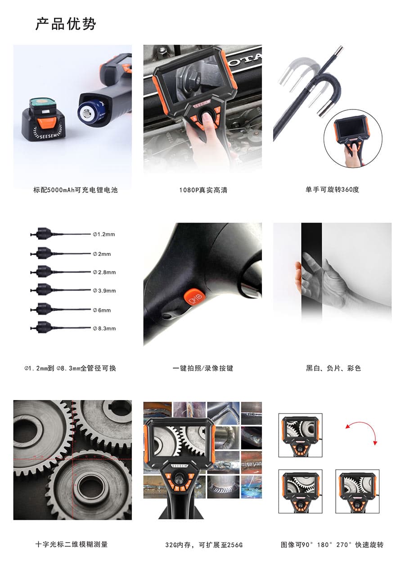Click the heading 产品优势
(66, 24)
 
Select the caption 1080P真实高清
(203, 190)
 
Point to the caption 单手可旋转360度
(332, 190)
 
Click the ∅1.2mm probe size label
(104, 234)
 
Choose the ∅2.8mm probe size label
(104, 272)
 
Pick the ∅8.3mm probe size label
(104, 328)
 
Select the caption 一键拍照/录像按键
(203, 368)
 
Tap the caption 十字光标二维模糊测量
(72, 544)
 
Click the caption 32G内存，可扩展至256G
(203, 545)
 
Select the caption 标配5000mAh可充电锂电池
(76, 190)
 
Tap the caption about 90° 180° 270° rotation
(332, 545)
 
